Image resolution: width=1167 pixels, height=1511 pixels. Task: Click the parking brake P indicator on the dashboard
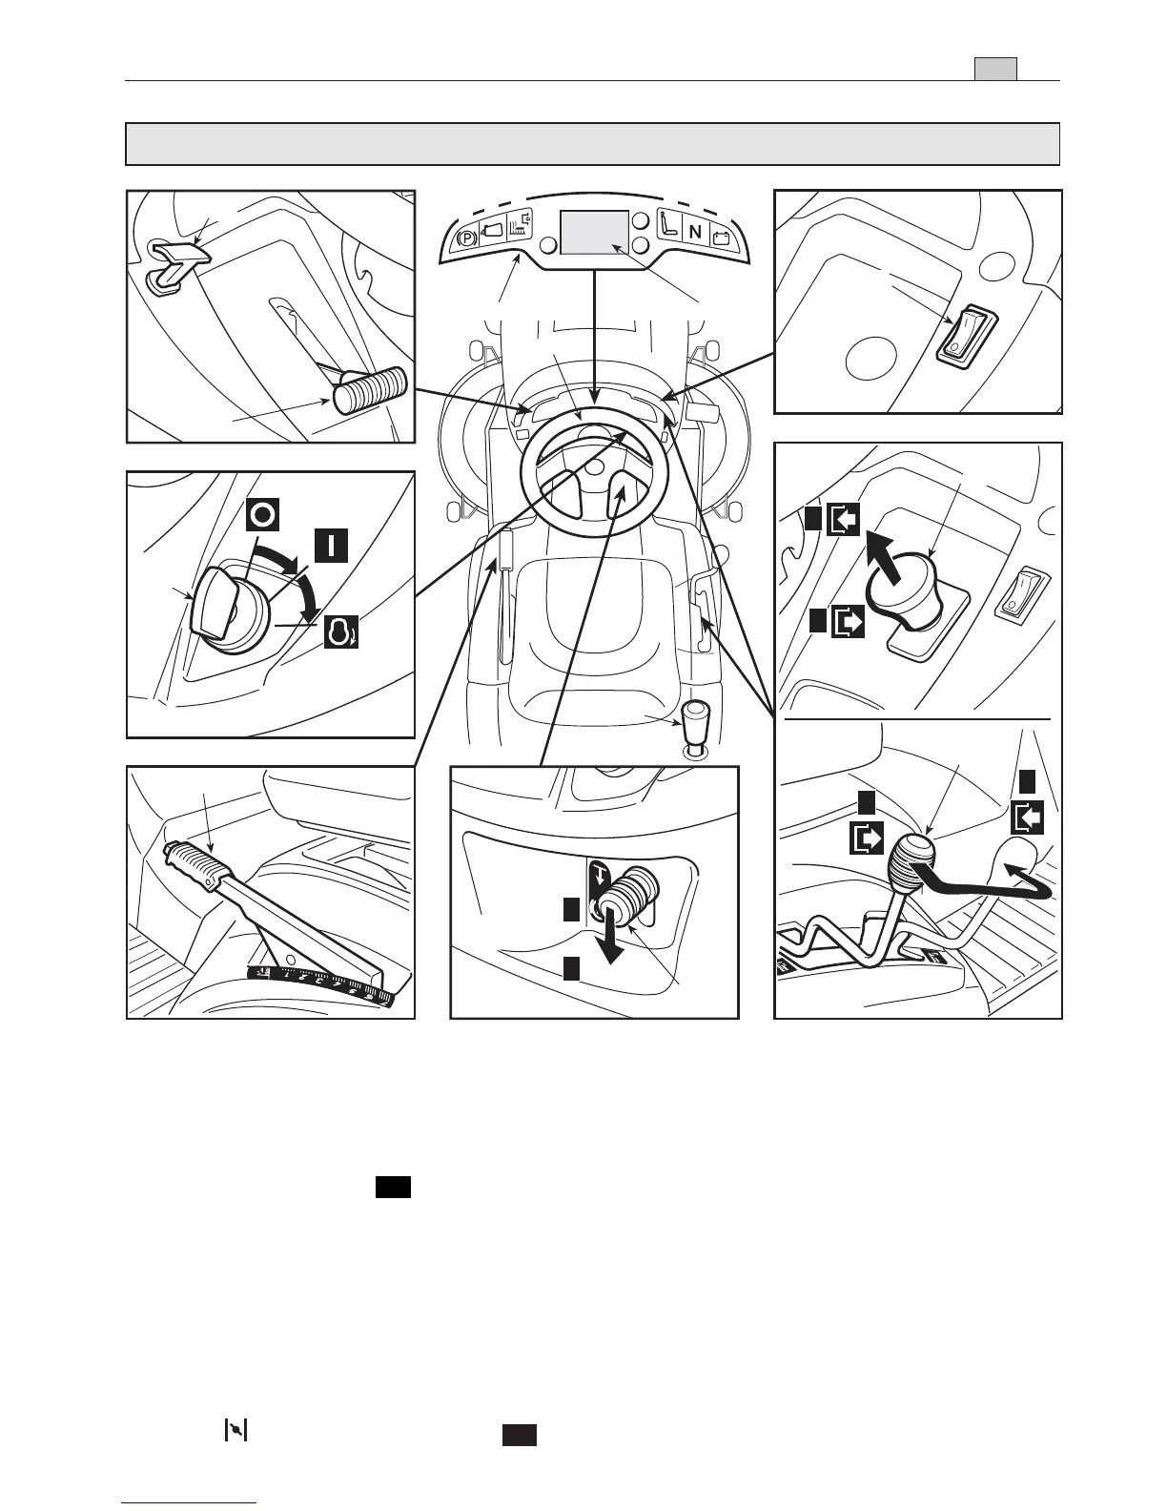pos(467,238)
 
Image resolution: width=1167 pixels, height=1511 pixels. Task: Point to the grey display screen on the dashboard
pos(594,233)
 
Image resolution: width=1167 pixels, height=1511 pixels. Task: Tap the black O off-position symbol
pos(264,516)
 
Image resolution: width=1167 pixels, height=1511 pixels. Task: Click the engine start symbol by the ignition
pos(339,631)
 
